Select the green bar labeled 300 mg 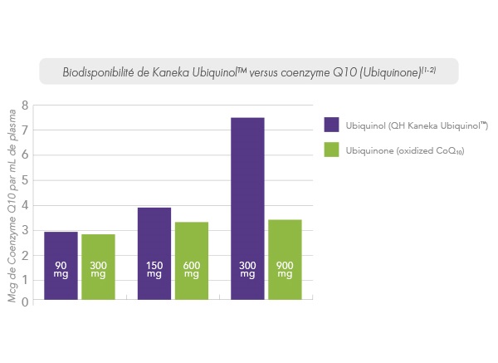[98, 267]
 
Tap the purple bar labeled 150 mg [154, 253]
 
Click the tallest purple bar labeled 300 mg [247, 208]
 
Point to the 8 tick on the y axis [25, 105]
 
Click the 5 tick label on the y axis [25, 179]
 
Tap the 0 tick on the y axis [25, 302]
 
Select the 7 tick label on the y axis [25, 130]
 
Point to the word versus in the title [286, 72]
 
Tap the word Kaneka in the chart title [171, 72]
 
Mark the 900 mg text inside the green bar [285, 269]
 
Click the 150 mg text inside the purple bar [154, 269]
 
